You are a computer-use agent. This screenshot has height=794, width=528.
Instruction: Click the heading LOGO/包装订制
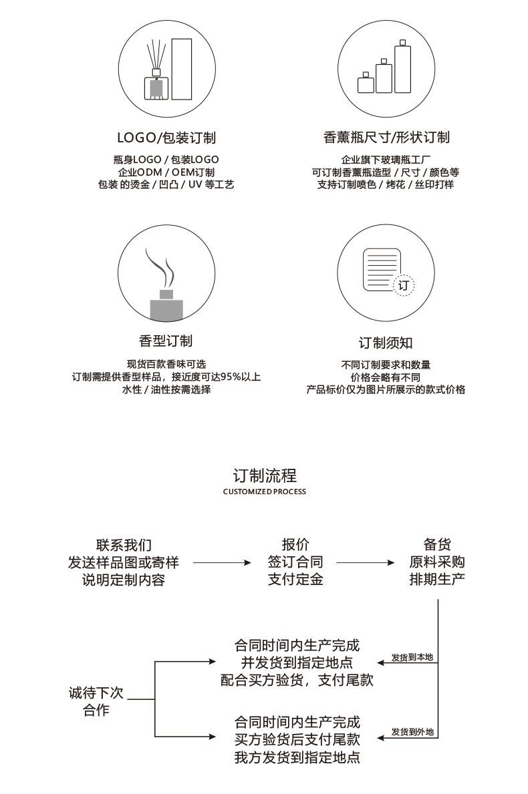[166, 138]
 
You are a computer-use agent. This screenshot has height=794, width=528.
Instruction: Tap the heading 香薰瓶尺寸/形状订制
[386, 138]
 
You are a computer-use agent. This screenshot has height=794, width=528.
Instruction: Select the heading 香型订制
[166, 341]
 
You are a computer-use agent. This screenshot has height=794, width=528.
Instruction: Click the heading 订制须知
[386, 343]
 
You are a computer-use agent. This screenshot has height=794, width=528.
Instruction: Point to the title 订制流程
[265, 475]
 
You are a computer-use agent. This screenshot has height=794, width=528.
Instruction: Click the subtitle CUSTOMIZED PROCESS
[265, 491]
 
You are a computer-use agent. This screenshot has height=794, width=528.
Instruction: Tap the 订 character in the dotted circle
[403, 285]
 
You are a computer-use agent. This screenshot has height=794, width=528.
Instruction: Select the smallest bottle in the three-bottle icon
[365, 83]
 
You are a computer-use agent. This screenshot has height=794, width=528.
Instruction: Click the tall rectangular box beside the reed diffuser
[182, 69]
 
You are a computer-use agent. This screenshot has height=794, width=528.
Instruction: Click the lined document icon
[382, 269]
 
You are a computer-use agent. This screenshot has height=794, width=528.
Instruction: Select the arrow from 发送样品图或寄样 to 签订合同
[222, 563]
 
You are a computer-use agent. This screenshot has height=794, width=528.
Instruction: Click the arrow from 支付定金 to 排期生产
[366, 563]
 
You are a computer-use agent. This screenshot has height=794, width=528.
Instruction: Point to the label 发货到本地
[412, 658]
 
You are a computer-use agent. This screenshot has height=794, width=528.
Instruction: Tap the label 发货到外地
[412, 732]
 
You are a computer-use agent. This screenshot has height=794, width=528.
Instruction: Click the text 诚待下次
[96, 692]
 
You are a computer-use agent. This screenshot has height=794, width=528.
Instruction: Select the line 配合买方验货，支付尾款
[297, 680]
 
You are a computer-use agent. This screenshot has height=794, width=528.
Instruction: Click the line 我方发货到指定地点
[297, 757]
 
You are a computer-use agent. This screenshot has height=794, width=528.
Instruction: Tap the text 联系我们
[124, 545]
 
